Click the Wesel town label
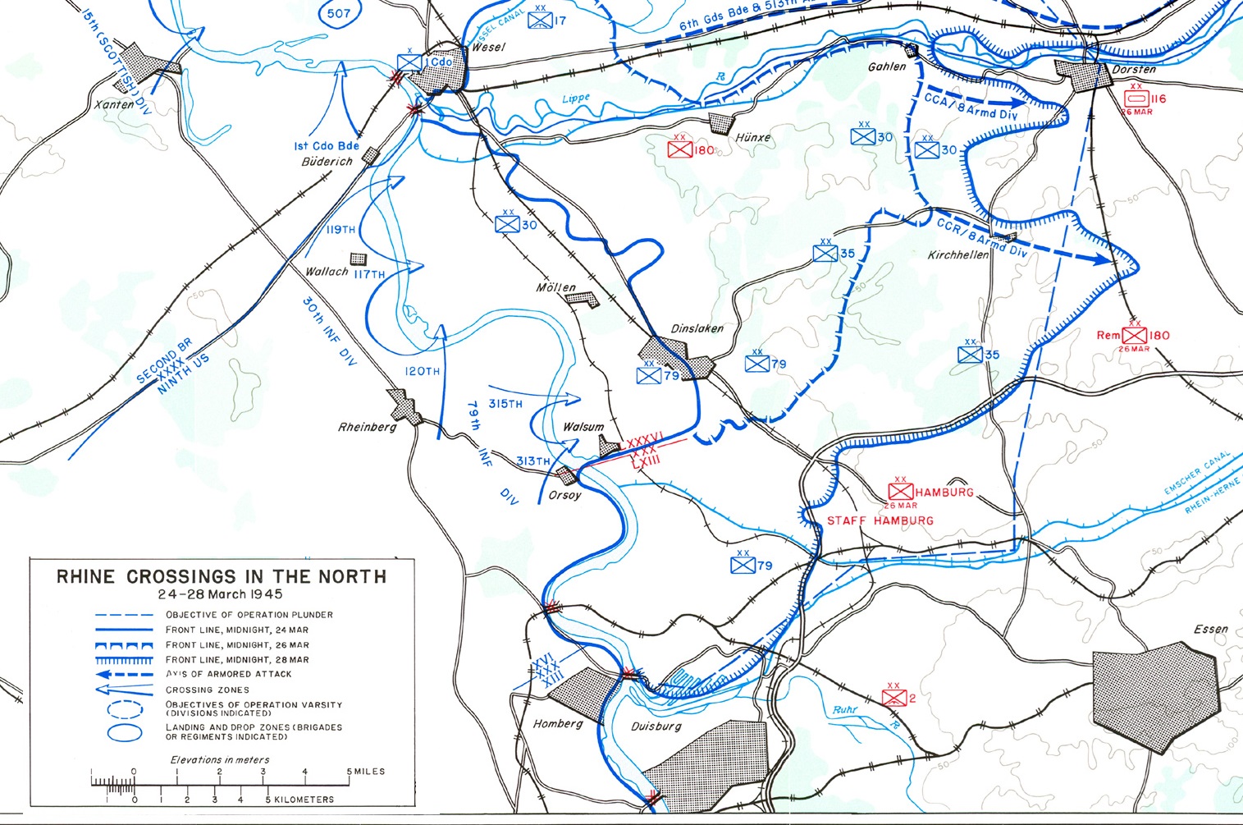489,47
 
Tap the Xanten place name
114,104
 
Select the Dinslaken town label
697,328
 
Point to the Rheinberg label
367,427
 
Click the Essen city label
1210,629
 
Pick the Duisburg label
656,726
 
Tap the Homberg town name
558,723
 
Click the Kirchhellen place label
957,255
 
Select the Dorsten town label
1133,70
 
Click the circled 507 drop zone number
338,14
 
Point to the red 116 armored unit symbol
1136,99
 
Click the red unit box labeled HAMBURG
901,492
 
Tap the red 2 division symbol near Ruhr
893,698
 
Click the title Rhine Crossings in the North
221,576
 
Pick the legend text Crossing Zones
207,690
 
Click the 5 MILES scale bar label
366,772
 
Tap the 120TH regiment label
422,371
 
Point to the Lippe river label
576,99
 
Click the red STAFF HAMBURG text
880,520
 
